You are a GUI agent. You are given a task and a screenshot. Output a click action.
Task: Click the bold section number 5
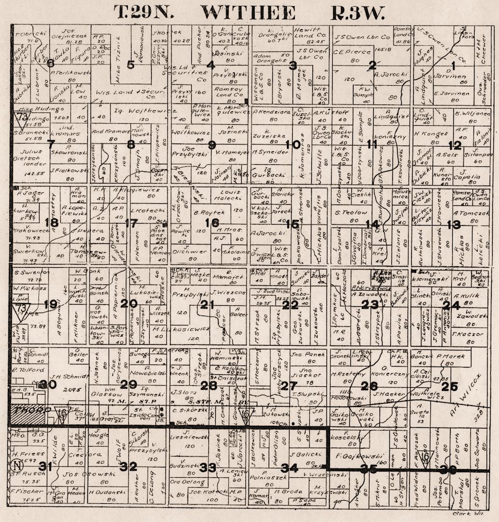click(130, 64)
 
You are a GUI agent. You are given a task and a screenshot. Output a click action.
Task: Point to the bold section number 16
click(212, 223)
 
